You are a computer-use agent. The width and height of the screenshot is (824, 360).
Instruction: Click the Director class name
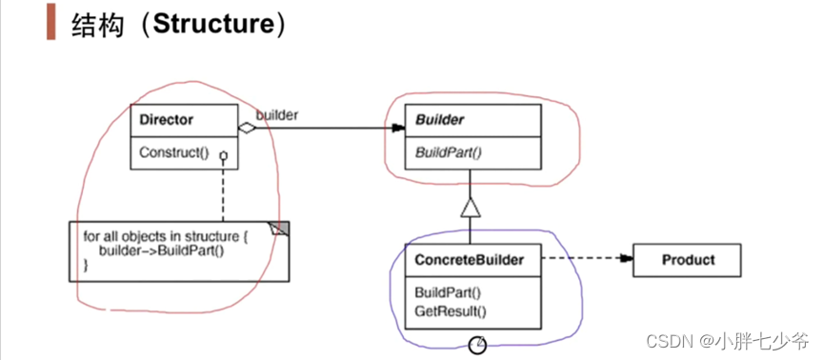click(x=167, y=120)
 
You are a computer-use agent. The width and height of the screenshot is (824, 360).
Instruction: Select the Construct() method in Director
click(x=173, y=152)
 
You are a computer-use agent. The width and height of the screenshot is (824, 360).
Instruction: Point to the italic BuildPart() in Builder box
click(x=447, y=150)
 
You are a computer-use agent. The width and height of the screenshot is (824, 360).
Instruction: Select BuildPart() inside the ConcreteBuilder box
click(x=447, y=293)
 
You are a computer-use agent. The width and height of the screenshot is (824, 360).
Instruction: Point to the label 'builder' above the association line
click(x=277, y=114)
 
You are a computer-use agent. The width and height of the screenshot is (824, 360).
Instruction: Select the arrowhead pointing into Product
click(x=626, y=258)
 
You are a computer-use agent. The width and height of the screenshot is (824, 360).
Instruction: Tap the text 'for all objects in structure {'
click(x=164, y=235)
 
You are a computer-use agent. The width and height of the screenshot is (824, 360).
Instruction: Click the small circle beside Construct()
click(x=221, y=155)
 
